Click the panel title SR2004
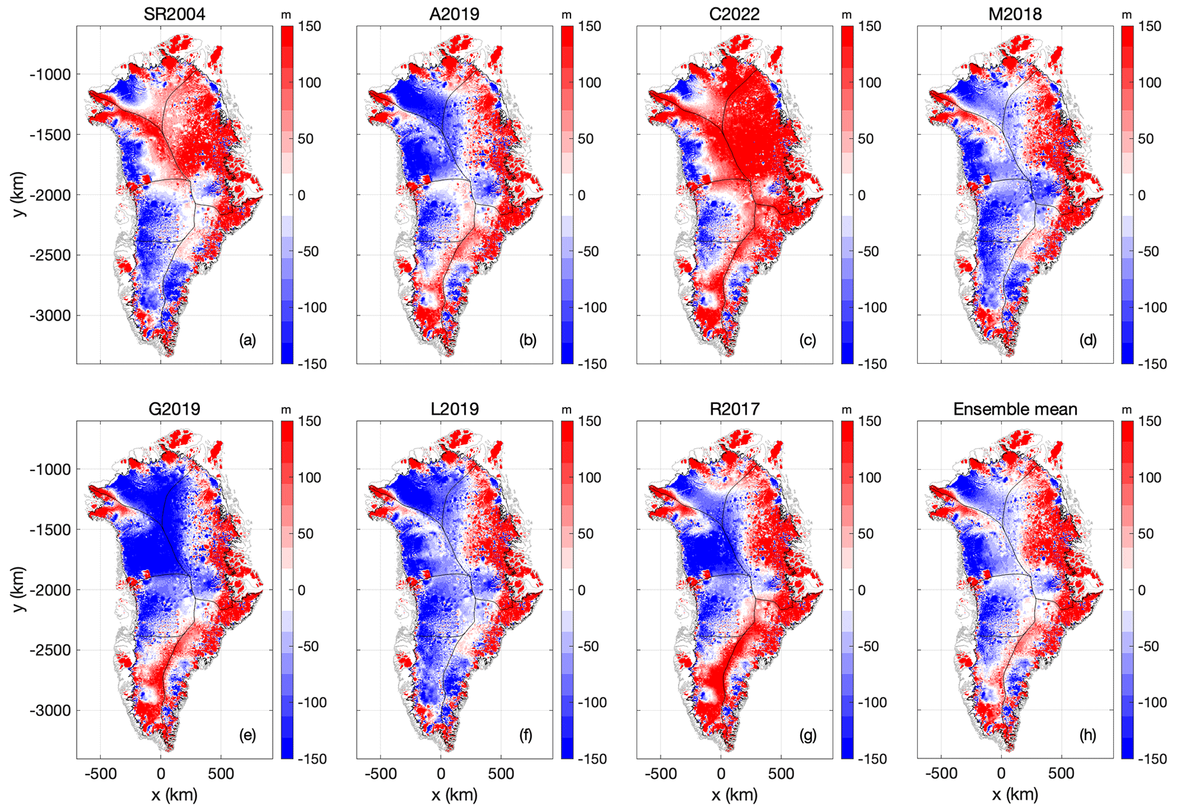[x=174, y=14]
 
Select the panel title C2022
[x=734, y=14]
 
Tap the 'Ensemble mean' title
[x=1015, y=409]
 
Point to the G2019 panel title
[x=174, y=409]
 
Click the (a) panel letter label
[x=248, y=340]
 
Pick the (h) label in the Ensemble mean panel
[x=1088, y=735]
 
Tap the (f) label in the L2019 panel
[x=526, y=735]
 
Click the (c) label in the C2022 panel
[x=807, y=340]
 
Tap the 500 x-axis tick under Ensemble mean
[x=1061, y=773]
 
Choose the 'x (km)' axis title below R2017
[x=734, y=794]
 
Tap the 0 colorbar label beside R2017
[x=861, y=590]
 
